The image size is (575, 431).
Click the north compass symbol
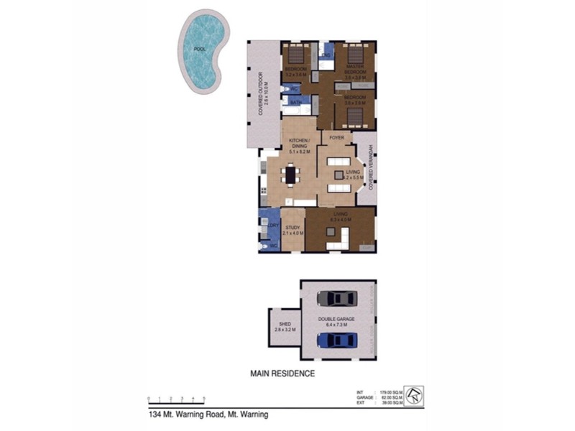point(413,394)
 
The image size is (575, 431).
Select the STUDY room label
point(293,228)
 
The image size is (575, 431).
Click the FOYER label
point(336,137)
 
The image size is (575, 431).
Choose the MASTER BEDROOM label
point(355,70)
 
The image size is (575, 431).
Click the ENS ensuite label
point(326,55)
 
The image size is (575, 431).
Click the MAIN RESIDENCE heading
point(282,374)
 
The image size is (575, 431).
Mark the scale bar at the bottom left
point(177,398)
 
